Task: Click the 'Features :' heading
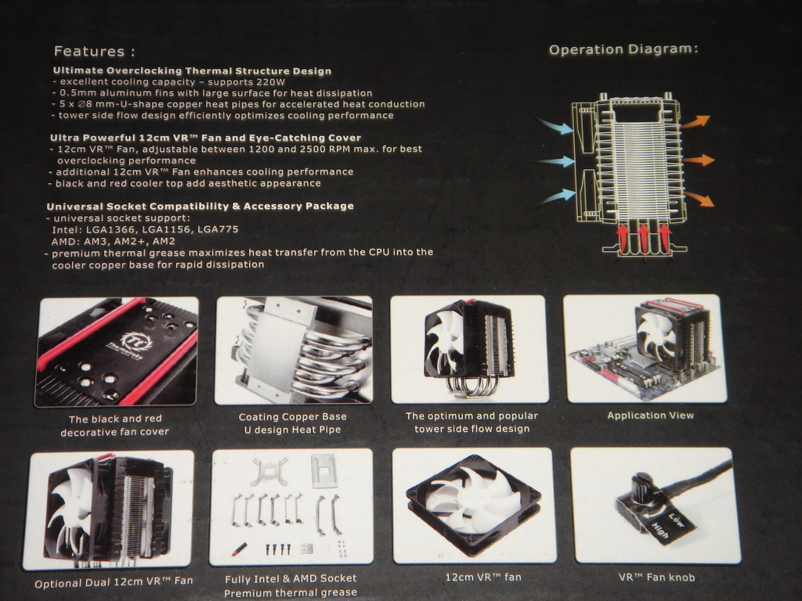pyautogui.click(x=95, y=51)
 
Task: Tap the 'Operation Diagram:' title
pyautogui.click(x=623, y=49)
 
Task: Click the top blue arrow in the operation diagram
pyautogui.click(x=555, y=125)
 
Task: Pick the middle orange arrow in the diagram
pyautogui.click(x=699, y=160)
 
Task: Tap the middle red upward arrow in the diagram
pyautogui.click(x=644, y=238)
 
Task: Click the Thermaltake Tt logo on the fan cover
pyautogui.click(x=130, y=341)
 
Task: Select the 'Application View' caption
pyautogui.click(x=651, y=416)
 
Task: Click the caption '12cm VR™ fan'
pyautogui.click(x=482, y=578)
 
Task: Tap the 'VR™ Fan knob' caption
pyautogui.click(x=657, y=578)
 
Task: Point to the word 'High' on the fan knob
pyautogui.click(x=659, y=531)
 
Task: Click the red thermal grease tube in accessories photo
pyautogui.click(x=240, y=549)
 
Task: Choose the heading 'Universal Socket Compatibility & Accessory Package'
pyautogui.click(x=200, y=207)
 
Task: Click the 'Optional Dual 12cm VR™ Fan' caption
pyautogui.click(x=114, y=582)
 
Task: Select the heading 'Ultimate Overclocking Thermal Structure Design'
pyautogui.click(x=193, y=70)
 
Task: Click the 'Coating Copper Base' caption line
pyautogui.click(x=293, y=417)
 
